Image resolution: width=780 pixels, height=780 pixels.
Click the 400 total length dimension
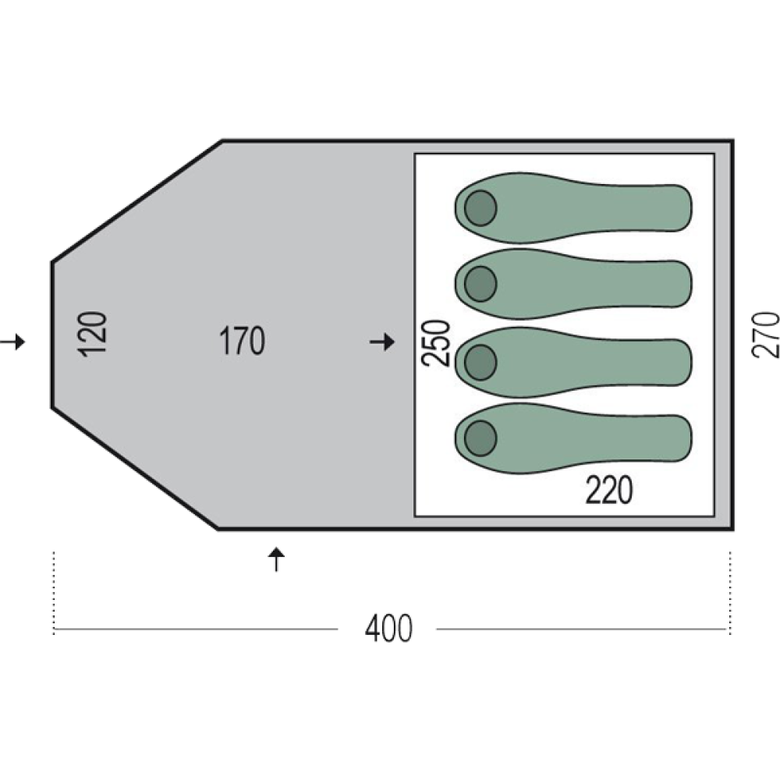388,628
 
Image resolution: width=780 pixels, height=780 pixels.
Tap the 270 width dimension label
765,335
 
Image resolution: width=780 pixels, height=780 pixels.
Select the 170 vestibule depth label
243,341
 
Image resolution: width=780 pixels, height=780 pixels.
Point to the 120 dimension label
93,334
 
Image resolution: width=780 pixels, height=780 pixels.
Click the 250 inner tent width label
436,343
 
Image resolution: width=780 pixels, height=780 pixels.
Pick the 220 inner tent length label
609,490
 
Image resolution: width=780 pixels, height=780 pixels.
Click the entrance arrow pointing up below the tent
277,559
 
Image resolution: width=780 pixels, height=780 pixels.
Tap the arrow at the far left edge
12,342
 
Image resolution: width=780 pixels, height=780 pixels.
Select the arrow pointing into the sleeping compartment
382,342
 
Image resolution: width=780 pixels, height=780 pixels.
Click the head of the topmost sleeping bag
480,208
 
